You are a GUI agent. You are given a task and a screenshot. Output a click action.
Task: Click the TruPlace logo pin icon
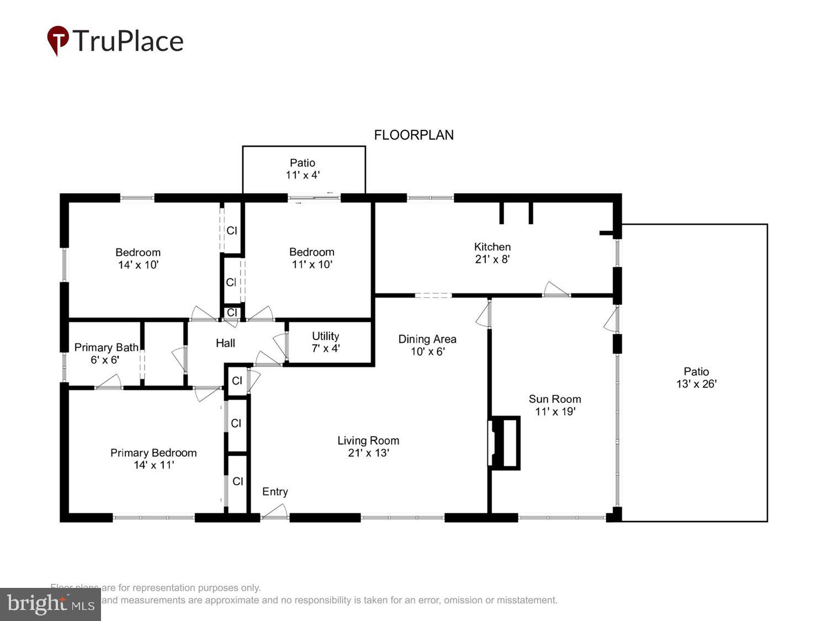[58, 40]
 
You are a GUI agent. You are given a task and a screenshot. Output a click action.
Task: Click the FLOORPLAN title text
[413, 135]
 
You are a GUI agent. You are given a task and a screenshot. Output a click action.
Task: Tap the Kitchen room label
[492, 247]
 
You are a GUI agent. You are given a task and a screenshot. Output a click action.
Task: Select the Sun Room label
[555, 399]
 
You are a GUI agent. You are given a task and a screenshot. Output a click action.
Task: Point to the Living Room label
[368, 440]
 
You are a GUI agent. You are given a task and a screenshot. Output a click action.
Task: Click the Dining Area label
[427, 339]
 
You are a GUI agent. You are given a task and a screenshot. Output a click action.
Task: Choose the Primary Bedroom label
[153, 453]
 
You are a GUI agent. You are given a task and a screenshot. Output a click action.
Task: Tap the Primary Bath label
[106, 347]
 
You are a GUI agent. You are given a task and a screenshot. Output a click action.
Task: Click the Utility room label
[325, 336]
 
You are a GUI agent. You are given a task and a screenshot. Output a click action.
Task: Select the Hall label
[225, 343]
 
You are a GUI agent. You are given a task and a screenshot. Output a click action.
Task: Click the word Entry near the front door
[275, 492]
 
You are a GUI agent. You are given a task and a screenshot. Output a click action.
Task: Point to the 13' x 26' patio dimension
[696, 384]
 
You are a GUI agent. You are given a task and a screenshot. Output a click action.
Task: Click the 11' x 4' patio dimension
[302, 175]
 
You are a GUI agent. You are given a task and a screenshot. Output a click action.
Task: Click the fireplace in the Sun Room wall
[505, 443]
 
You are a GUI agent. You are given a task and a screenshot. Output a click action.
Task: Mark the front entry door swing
[274, 513]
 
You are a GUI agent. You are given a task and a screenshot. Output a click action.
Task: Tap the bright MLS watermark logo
[50, 604]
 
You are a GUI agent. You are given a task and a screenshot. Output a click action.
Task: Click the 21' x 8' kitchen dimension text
[492, 259]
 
